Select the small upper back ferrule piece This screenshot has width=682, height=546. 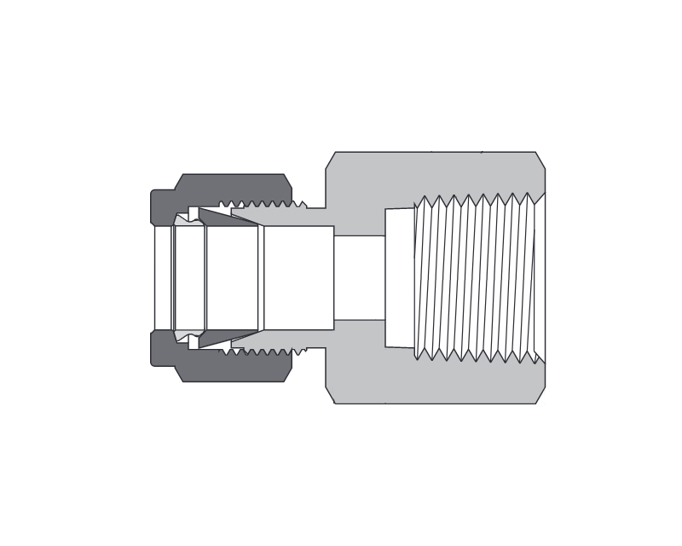193,214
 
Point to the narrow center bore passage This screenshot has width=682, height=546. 359,278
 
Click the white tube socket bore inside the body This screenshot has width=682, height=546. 298,278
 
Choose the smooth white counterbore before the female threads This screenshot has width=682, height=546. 399,278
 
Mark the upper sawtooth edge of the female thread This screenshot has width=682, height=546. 477,201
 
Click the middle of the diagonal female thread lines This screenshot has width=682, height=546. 477,278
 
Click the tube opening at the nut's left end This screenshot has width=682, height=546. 162,278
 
